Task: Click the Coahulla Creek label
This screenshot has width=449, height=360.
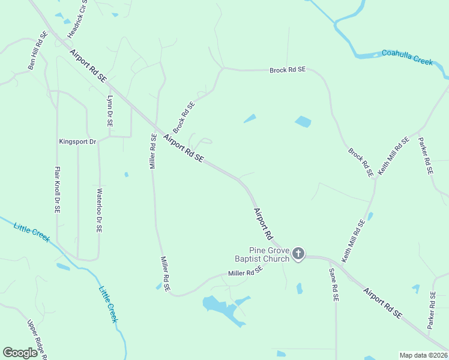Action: (x=407, y=57)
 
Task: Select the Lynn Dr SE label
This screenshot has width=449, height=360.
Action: (x=109, y=110)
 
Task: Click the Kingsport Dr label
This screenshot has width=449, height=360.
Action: (x=77, y=142)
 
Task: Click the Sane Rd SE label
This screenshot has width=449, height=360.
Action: (x=334, y=284)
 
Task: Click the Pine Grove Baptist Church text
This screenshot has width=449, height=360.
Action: (x=270, y=254)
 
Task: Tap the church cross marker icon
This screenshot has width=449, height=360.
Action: (x=298, y=254)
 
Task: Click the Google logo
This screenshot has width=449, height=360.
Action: (x=20, y=353)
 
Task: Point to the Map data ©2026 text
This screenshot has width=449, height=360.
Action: (x=423, y=355)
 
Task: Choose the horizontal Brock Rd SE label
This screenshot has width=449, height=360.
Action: (x=288, y=70)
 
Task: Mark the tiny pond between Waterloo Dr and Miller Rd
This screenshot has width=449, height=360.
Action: (x=126, y=175)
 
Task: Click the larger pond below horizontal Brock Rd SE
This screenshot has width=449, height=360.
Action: (x=303, y=122)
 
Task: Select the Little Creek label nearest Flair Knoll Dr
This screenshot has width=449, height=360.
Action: (x=32, y=231)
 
